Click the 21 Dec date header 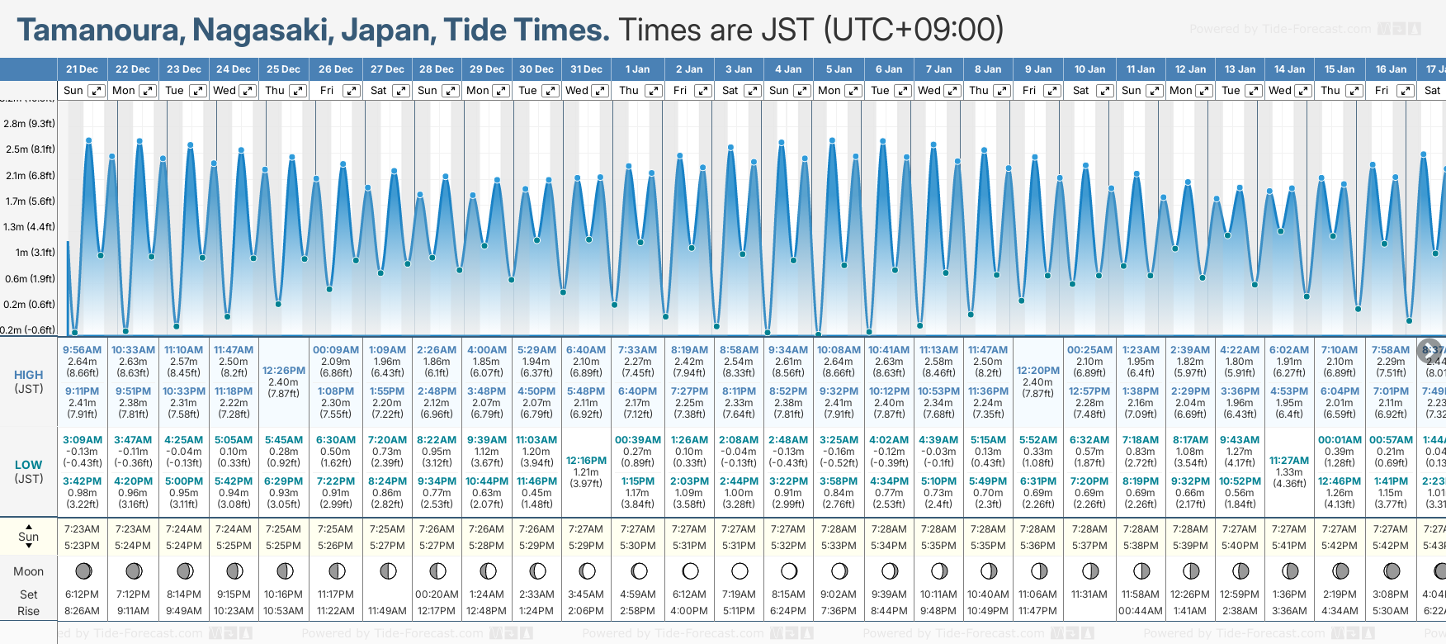coord(82,69)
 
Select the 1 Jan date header coord(637,69)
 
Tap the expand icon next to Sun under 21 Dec coord(97,91)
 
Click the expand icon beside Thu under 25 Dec coord(298,91)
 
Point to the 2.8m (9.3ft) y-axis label coord(29,124)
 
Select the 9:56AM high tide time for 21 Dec coord(83,350)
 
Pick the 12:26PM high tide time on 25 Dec coord(284,371)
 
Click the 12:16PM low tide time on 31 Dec coord(586,461)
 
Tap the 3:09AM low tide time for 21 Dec coord(83,440)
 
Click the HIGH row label coord(28,375)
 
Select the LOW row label coord(28,465)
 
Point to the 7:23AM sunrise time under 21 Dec coord(82,529)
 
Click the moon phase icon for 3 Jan coord(740,571)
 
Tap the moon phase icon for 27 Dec coord(387,571)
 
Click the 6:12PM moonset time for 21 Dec coord(82,594)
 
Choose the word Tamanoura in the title coord(100,31)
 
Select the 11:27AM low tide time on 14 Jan coord(1289,461)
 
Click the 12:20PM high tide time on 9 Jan coord(1037,371)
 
